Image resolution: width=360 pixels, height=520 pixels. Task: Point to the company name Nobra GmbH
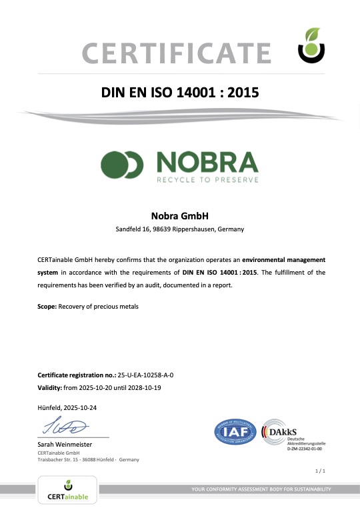point(180,216)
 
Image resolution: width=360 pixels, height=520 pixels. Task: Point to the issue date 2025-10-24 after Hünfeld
point(79,407)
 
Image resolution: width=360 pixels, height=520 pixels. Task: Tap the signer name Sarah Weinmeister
point(65,444)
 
